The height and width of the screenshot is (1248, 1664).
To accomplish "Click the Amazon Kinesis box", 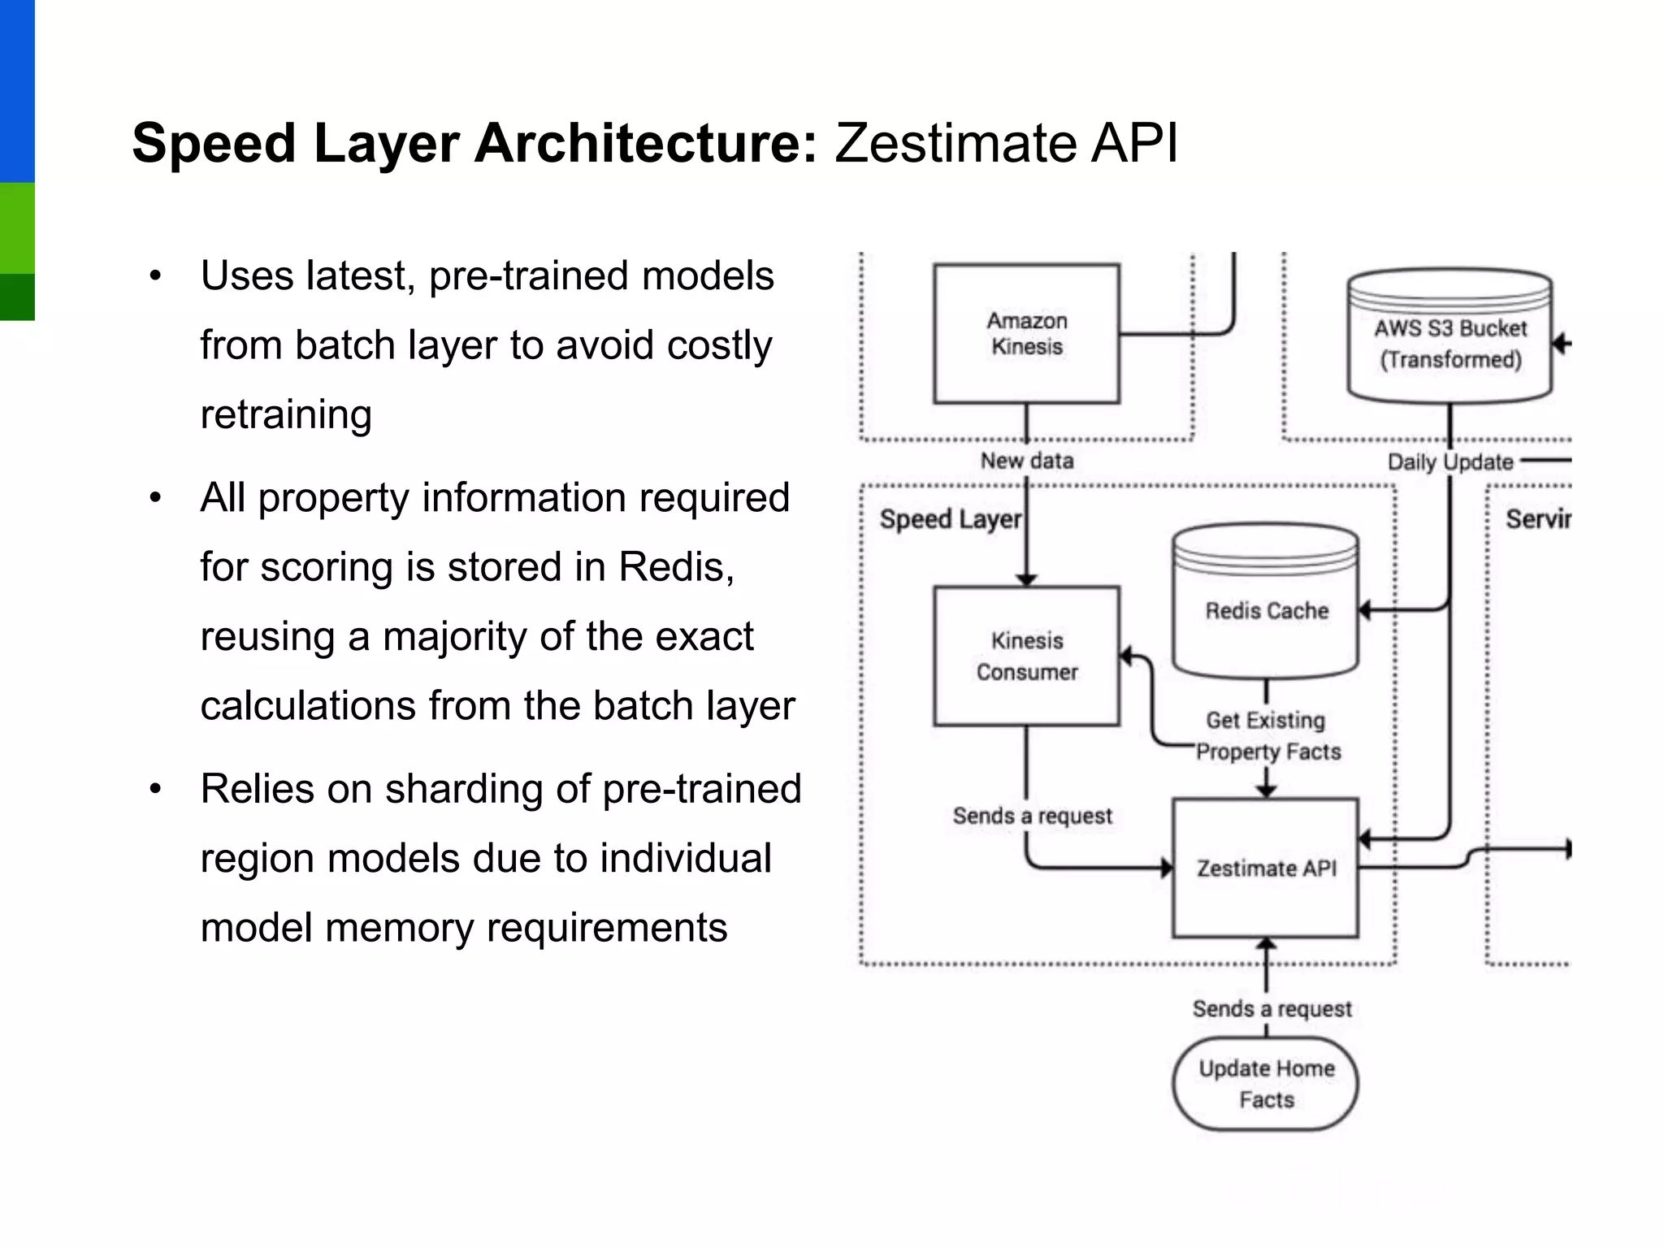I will (x=1026, y=333).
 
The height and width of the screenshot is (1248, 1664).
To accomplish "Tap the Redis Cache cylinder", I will (x=1266, y=609).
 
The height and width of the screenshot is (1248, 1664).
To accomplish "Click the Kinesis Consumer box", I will (x=1026, y=656).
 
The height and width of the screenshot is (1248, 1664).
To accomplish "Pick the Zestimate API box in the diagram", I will (x=1265, y=868).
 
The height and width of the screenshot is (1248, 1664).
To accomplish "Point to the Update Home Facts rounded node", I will (x=1265, y=1084).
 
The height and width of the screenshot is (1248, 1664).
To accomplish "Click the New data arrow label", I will (x=1026, y=461).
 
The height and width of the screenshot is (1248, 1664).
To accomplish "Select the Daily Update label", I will (x=1449, y=462).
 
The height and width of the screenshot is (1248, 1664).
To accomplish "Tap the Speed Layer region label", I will (x=950, y=518).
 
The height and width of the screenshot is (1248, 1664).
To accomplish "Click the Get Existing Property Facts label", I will (x=1267, y=735).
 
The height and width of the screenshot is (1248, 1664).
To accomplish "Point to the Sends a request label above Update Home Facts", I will (x=1272, y=1008).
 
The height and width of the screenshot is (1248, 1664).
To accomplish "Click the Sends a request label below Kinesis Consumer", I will (x=1032, y=815).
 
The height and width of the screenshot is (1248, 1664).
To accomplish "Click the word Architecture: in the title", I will (x=645, y=143).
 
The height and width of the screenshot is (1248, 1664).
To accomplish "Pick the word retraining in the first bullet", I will (x=286, y=414).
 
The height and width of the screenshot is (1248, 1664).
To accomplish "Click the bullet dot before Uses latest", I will (x=156, y=276).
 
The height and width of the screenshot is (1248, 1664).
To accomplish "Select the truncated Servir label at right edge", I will (x=1537, y=518).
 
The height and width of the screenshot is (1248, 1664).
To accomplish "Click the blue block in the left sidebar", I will (x=17, y=89).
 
